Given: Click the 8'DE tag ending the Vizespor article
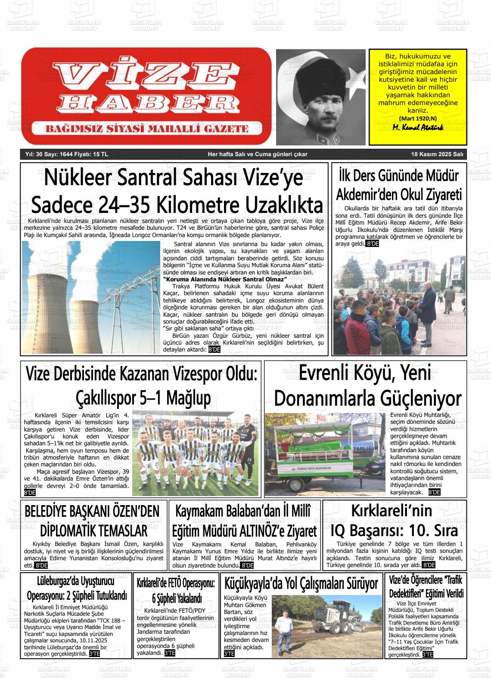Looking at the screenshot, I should pyautogui.click(x=30, y=493).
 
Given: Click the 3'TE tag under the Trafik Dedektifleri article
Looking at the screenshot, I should pyautogui.click(x=427, y=655).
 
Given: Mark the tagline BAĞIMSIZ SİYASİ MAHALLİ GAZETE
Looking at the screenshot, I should pyautogui.click(x=147, y=129).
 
